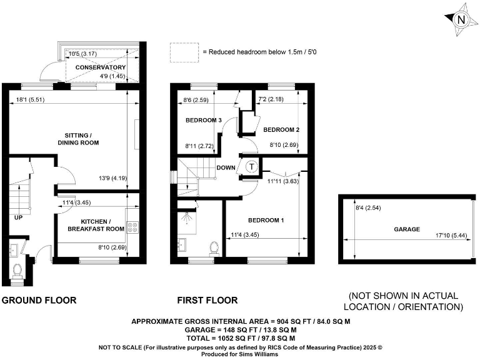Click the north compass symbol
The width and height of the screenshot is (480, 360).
461,19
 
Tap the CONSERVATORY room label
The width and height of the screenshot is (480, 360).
101,67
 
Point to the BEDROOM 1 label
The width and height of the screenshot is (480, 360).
266,221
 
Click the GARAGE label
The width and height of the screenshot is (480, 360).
406,229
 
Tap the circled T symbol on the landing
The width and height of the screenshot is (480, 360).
251,167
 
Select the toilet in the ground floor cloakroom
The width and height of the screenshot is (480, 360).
17,271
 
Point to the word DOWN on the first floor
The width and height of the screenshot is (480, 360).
226,167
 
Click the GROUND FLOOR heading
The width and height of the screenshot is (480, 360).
39,300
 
